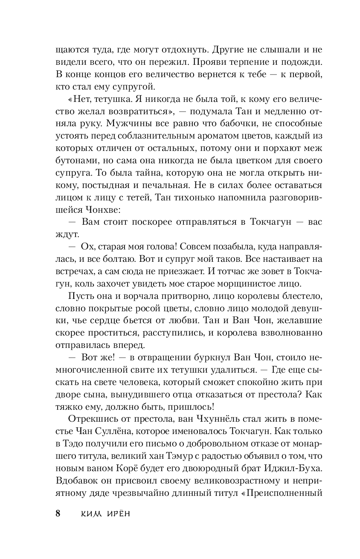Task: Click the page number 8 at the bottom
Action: tap(58, 513)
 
